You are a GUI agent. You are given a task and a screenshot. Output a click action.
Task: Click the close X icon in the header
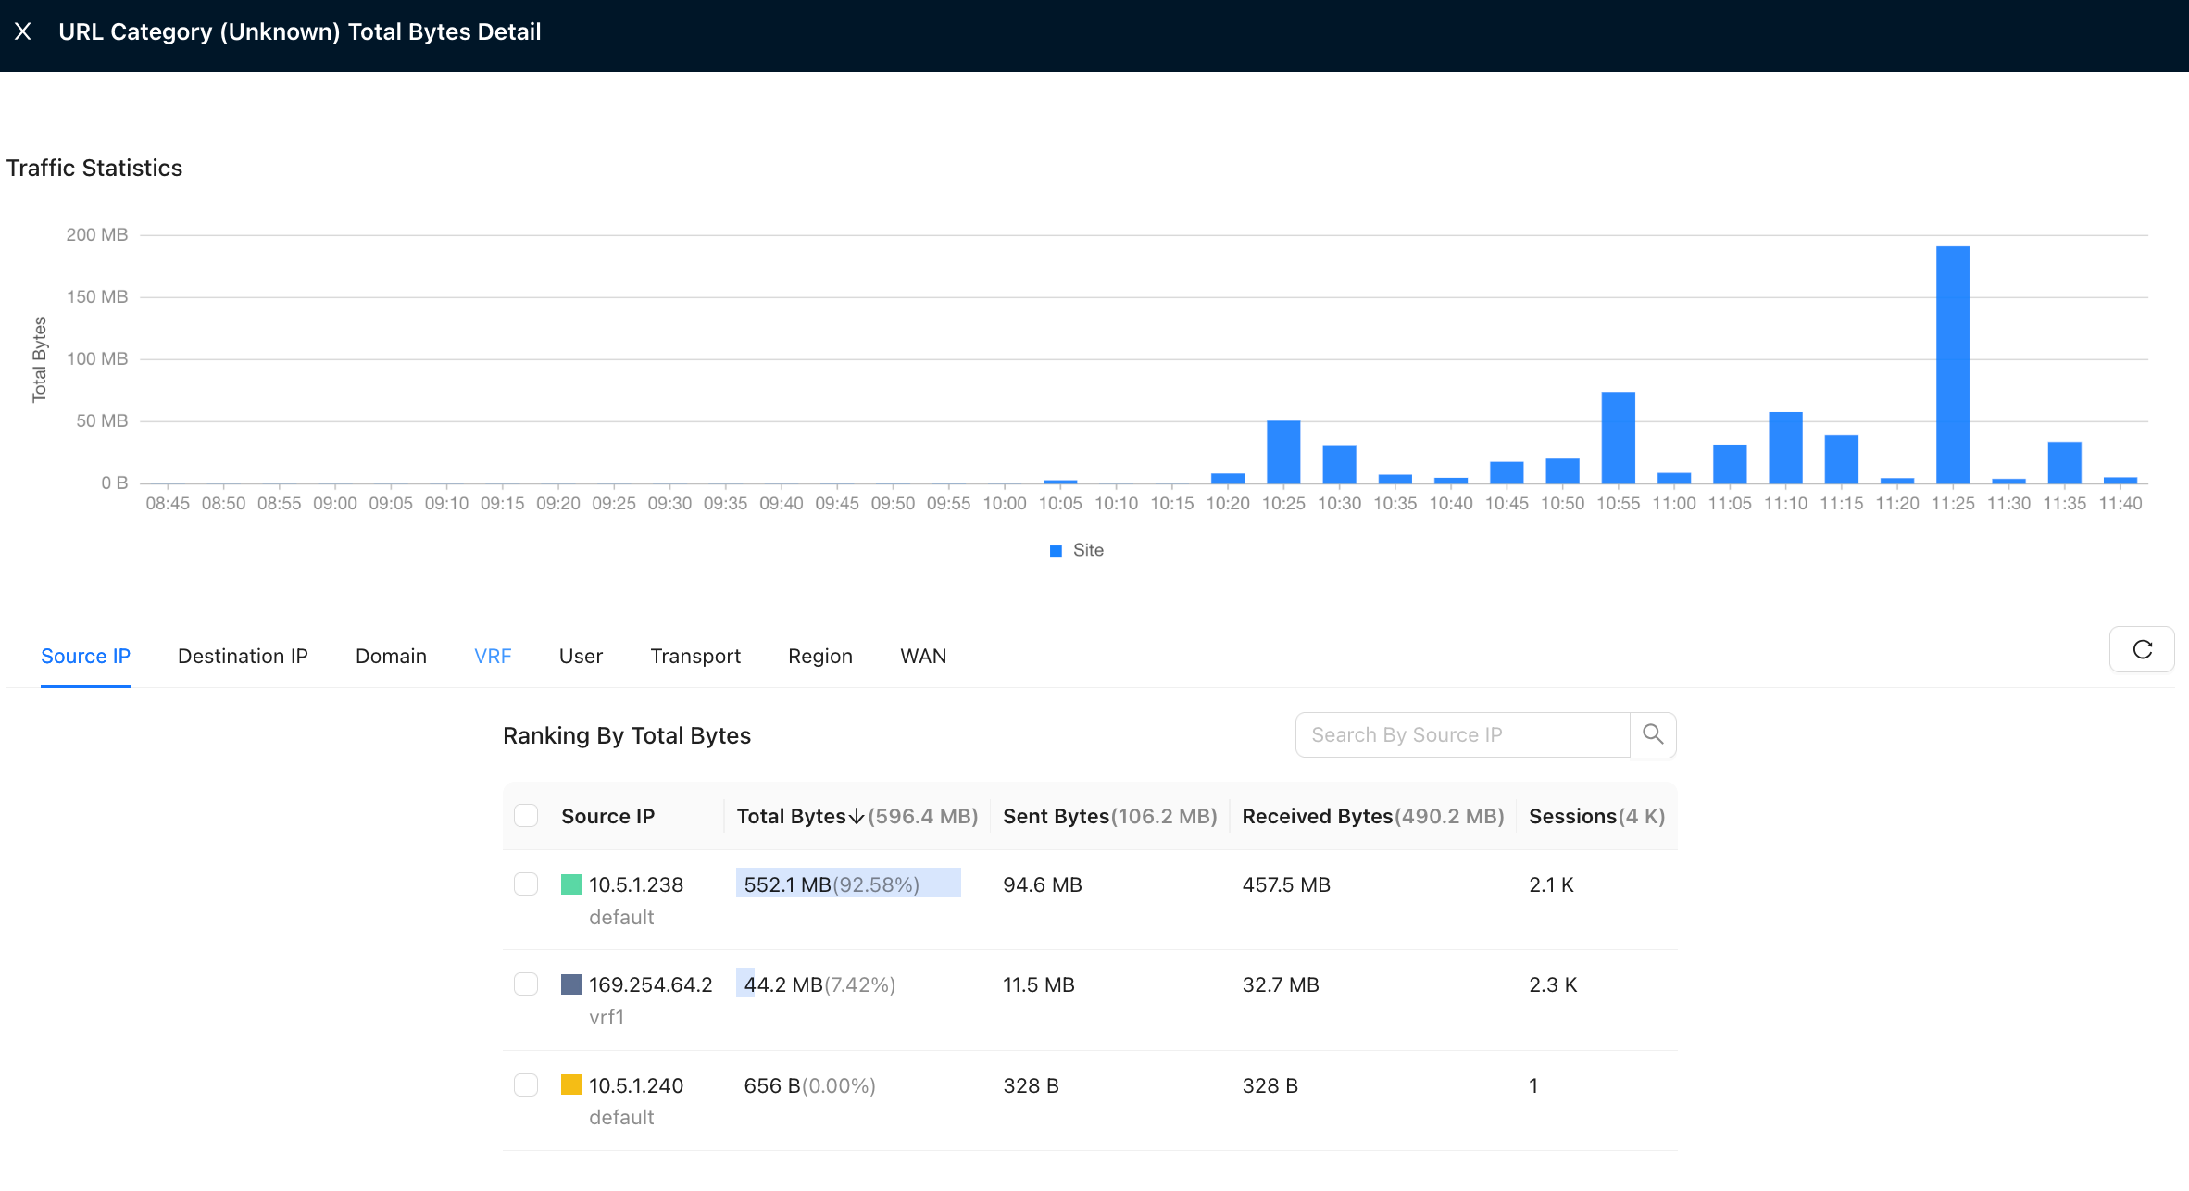coord(23,31)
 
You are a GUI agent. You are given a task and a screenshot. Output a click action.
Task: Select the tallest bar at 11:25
coord(1953,364)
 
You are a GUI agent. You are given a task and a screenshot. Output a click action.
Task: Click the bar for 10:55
coord(1619,437)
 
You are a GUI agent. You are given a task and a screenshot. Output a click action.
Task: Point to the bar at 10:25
coord(1283,452)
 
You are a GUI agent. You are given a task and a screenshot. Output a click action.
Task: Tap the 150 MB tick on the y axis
coord(97,296)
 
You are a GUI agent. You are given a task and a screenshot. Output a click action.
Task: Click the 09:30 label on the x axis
coord(669,503)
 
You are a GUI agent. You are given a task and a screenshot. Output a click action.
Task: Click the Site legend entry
coord(1077,550)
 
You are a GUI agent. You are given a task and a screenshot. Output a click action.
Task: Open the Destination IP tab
coord(243,656)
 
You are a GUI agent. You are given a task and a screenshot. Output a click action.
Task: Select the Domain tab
coord(391,656)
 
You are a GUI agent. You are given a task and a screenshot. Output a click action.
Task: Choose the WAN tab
coord(923,656)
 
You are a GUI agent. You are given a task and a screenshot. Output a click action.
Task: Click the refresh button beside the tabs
coord(2142,649)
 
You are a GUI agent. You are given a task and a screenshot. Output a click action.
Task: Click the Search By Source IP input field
coord(1462,734)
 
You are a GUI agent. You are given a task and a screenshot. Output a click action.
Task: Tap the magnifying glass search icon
coord(1653,734)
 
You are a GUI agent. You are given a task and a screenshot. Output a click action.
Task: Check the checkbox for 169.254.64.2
coord(526,984)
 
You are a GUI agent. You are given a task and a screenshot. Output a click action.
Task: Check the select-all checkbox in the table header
coord(526,815)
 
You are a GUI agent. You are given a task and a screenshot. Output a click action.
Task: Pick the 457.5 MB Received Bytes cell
coord(1286,884)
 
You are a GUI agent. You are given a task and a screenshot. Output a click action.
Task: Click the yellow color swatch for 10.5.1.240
coord(571,1084)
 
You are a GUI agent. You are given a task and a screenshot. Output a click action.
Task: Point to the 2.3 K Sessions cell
coord(1553,984)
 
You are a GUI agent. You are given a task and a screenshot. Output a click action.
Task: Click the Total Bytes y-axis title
coord(39,359)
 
